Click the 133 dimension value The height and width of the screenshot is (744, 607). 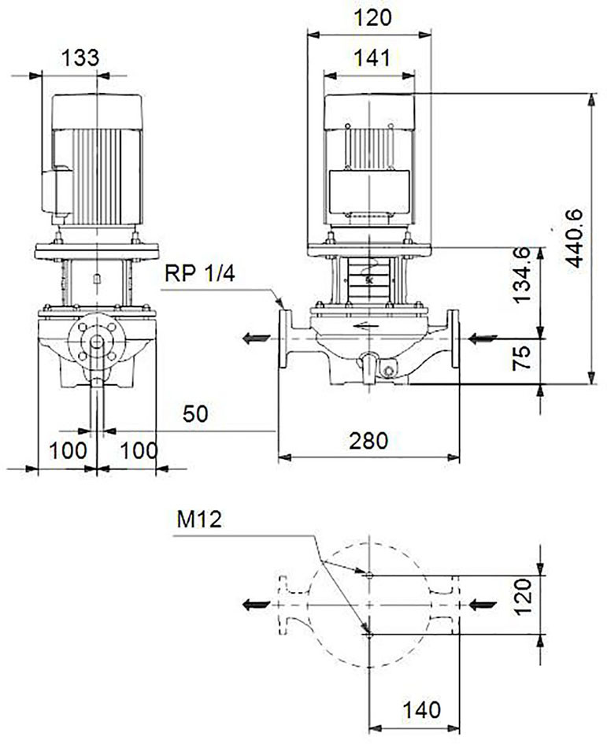80,58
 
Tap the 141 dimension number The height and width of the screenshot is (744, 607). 372,58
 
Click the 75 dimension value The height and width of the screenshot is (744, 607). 522,358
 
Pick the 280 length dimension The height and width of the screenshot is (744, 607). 368,441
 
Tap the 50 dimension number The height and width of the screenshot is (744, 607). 195,414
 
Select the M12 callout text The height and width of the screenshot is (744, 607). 199,520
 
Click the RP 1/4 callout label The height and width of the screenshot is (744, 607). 200,273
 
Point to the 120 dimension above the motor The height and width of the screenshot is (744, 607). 373,18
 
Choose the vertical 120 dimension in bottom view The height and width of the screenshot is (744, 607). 523,596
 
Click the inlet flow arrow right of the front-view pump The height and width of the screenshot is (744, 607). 483,339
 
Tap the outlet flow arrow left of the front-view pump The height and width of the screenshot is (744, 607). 257,339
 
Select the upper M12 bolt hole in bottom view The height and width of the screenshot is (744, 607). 370,576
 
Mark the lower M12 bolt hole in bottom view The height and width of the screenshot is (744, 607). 370,635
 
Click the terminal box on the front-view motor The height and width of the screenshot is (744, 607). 369,191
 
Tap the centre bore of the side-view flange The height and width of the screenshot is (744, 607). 97,342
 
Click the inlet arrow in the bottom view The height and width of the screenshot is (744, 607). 483,605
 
